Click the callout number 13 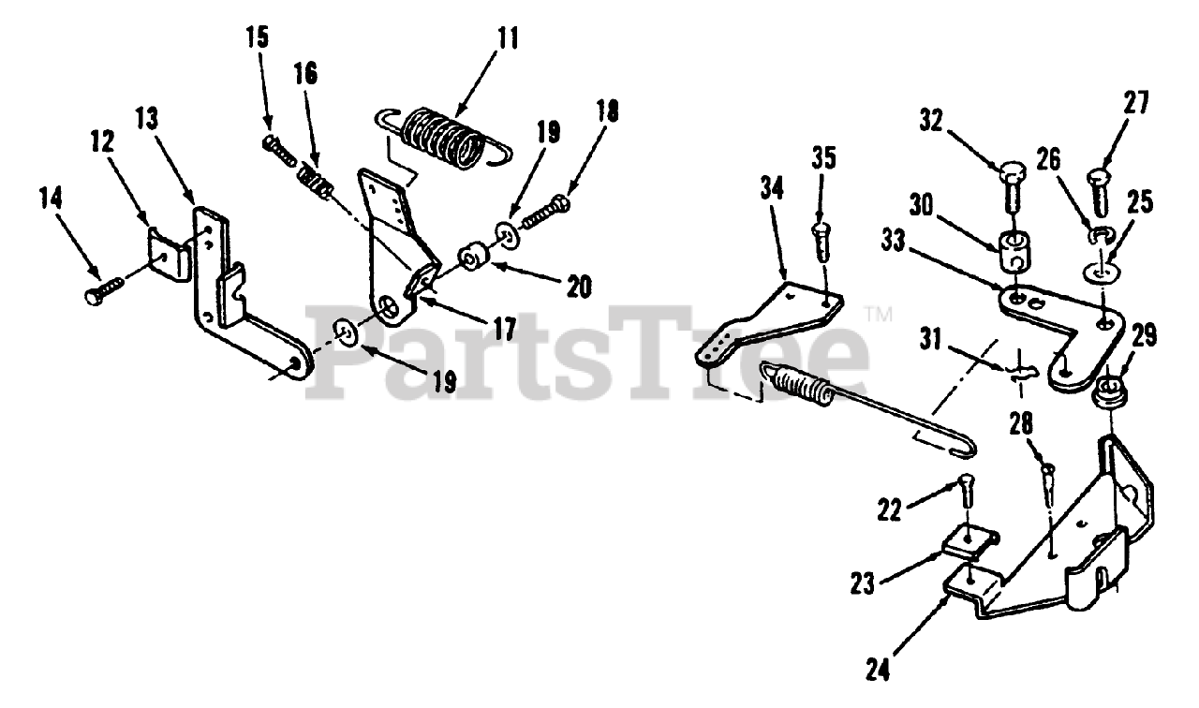coord(148,118)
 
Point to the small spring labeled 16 coord(313,181)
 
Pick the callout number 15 coord(257,38)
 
